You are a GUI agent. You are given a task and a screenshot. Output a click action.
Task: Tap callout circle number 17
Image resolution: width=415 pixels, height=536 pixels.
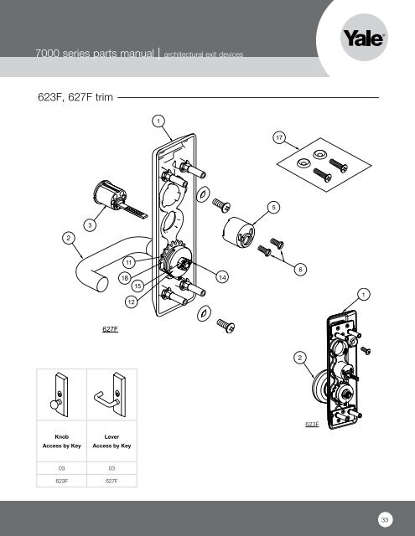(278, 137)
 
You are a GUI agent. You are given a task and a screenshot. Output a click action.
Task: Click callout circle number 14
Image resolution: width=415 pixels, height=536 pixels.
(222, 276)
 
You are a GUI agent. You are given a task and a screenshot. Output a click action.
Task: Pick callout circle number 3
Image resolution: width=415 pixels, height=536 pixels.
(91, 224)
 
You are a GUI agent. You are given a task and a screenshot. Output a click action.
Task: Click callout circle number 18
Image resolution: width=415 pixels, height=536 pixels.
(124, 278)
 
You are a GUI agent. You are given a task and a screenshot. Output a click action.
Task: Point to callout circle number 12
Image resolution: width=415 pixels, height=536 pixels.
(131, 301)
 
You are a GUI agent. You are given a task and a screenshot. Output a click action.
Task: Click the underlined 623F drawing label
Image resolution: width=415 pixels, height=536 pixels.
(311, 425)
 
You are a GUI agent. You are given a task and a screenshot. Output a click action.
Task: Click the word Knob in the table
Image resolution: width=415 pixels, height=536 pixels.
(60, 437)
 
